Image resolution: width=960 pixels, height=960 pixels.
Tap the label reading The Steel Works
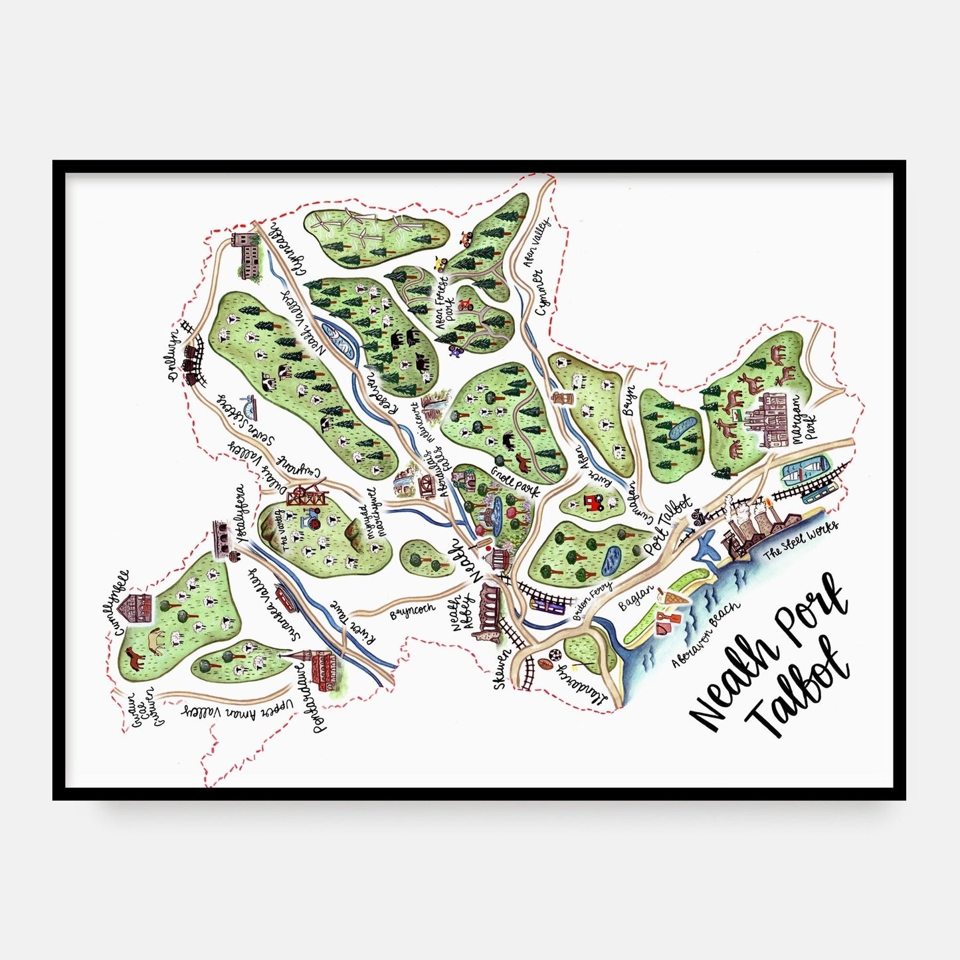801,537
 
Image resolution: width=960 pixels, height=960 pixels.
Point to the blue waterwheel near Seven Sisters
248,402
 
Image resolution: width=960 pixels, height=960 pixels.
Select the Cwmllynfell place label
122,601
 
